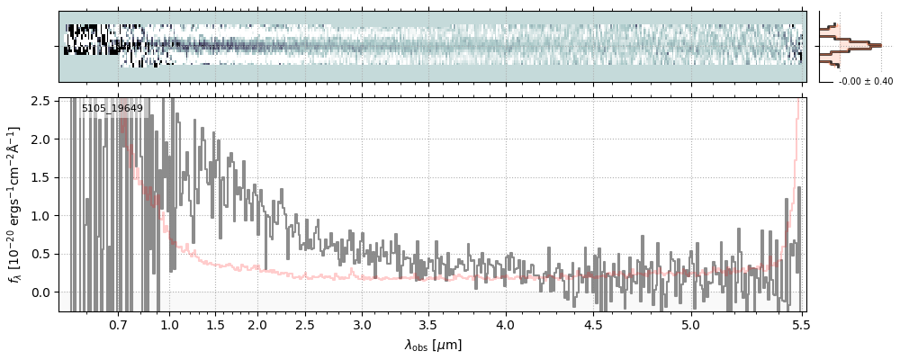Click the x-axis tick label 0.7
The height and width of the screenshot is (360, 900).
(x=118, y=325)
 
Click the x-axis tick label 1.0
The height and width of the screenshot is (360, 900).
(x=169, y=325)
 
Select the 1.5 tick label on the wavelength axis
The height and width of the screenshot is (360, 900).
(x=216, y=325)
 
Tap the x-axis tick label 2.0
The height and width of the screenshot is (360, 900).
(x=257, y=325)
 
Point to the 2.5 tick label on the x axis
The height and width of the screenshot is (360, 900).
(x=306, y=325)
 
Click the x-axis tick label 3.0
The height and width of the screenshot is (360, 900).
(x=362, y=325)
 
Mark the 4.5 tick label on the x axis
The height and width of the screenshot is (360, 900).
(x=595, y=325)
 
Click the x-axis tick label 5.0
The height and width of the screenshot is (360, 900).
(x=690, y=325)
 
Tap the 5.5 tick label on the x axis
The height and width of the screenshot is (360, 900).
(x=797, y=325)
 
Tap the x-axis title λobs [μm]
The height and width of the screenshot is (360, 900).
(x=433, y=344)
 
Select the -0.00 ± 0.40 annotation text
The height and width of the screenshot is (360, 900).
(x=865, y=82)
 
